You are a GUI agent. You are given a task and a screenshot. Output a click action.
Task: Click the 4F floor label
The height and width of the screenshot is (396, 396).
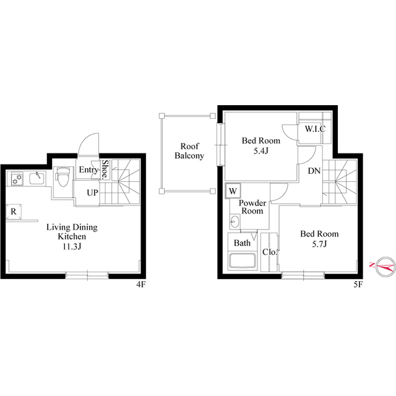(x=140, y=285)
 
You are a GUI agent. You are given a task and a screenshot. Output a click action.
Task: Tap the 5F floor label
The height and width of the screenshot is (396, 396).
(x=357, y=285)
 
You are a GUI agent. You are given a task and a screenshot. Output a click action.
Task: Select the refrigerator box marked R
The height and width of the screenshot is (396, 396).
(x=13, y=212)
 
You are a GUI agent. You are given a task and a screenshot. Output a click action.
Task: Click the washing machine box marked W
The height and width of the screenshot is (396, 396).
(x=233, y=191)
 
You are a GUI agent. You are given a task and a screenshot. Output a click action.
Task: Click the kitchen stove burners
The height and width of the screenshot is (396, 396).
(x=17, y=179)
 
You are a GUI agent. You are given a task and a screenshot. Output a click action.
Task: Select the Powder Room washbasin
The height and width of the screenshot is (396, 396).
(x=234, y=222)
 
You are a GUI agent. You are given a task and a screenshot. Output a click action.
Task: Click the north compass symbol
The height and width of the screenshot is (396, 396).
(x=382, y=266)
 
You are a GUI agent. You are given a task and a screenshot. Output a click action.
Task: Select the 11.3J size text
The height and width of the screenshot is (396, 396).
(x=72, y=247)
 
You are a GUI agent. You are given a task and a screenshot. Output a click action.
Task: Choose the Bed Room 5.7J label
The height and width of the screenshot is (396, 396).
(x=319, y=239)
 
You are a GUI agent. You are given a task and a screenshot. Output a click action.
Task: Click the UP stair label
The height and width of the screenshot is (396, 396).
(x=92, y=192)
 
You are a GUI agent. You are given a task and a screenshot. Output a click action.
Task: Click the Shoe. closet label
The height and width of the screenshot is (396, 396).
(x=105, y=169)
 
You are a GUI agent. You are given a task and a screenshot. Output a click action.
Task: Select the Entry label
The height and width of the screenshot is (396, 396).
(x=88, y=170)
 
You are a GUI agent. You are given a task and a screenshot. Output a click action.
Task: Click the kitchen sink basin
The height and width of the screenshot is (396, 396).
(x=36, y=179)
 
